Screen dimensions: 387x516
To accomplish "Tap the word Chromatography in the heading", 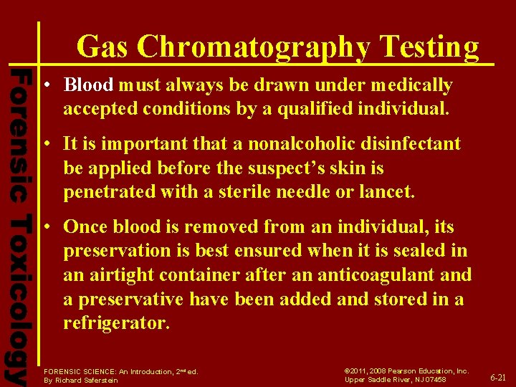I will [253, 48].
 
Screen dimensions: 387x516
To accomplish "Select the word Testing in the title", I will [430, 47].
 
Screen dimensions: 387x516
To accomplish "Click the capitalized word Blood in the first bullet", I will [88, 85].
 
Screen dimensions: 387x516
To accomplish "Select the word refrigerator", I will [116, 323].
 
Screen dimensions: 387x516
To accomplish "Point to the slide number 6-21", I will [497, 377].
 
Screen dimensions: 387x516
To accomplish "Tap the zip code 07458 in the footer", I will [433, 380].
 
